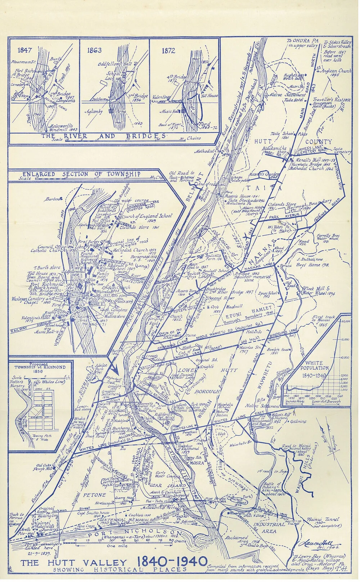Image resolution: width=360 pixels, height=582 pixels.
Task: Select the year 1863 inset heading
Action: point(94,50)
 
